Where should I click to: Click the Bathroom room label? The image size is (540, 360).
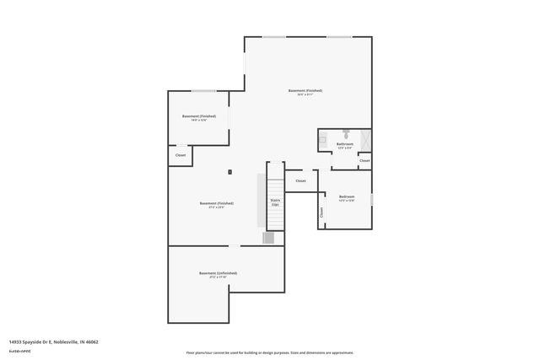tap(344, 144)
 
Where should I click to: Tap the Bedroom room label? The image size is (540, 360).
tap(346, 196)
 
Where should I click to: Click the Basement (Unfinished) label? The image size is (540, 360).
tap(218, 273)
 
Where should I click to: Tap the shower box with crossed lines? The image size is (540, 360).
tap(364, 139)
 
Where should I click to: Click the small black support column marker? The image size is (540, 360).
tap(229, 172)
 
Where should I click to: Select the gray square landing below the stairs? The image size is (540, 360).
tap(268, 238)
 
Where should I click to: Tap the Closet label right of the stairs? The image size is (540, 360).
tap(300, 180)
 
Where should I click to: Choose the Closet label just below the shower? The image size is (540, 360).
tap(364, 160)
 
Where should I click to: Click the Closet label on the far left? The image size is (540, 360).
tap(181, 155)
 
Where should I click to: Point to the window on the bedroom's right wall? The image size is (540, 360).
tap(371, 199)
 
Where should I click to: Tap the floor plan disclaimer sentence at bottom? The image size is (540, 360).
tap(269, 352)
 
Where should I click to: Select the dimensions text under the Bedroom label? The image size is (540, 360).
tap(346, 201)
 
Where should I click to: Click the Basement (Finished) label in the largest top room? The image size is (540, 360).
tap(305, 90)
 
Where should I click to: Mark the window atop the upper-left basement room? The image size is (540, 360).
tap(202, 90)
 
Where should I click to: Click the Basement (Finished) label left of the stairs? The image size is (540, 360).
tap(216, 203)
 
